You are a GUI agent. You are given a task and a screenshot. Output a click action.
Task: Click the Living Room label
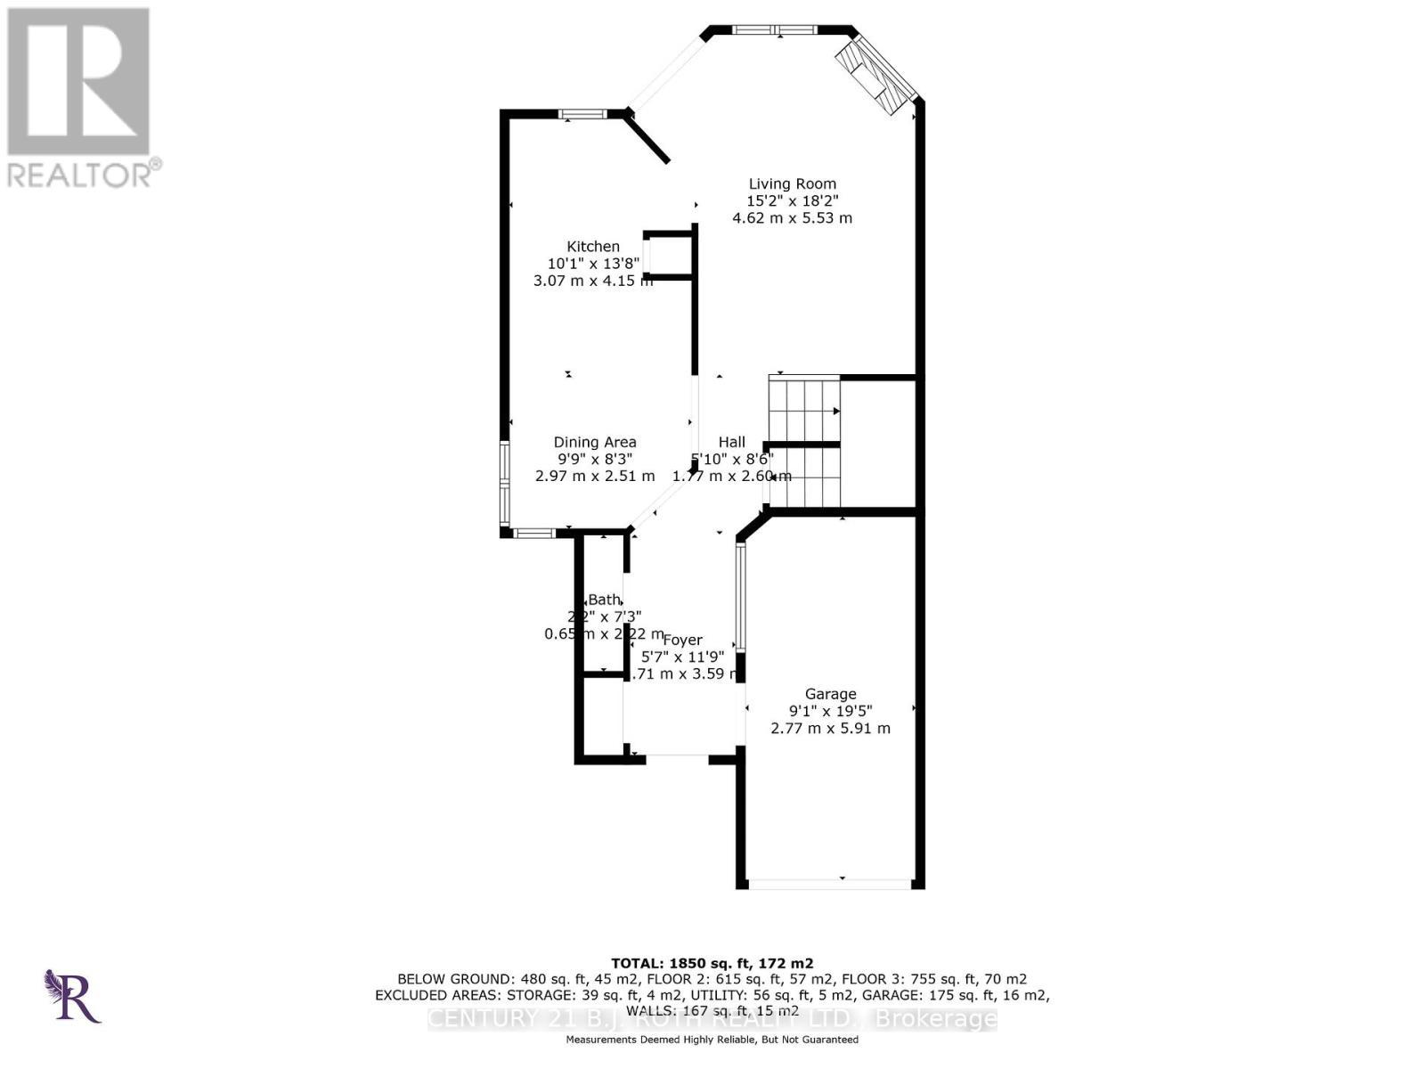click(x=792, y=184)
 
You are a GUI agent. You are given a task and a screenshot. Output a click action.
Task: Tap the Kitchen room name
click(x=593, y=247)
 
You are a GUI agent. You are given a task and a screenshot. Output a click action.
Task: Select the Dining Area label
click(x=595, y=442)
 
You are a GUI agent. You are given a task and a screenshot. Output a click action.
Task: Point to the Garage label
click(x=830, y=694)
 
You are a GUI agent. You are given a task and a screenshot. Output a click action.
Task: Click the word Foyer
click(x=682, y=640)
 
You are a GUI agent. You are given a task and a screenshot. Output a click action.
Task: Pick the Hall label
click(x=731, y=442)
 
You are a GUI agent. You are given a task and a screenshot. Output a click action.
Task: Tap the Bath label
click(x=604, y=600)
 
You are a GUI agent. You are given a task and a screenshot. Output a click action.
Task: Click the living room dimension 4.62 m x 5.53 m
click(x=792, y=218)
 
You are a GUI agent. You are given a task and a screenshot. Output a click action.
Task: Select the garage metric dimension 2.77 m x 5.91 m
click(x=830, y=728)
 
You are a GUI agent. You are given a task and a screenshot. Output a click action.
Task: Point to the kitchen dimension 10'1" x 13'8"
click(x=593, y=264)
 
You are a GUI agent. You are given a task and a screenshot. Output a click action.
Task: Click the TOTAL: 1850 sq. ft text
click(x=712, y=963)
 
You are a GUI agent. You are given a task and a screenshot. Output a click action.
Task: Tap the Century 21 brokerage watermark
click(x=712, y=1018)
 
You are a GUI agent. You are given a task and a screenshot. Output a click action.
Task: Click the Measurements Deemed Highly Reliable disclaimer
click(x=712, y=1040)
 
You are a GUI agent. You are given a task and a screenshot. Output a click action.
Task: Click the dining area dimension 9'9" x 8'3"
click(x=595, y=459)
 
